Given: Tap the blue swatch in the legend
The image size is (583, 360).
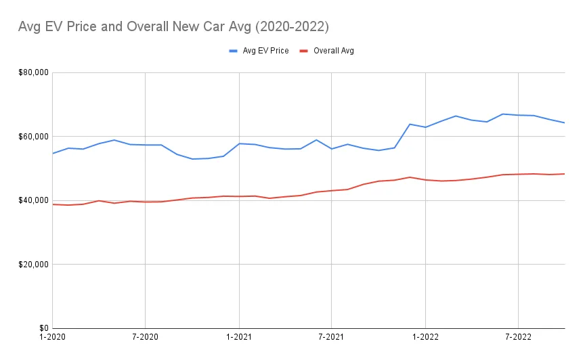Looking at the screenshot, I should [234, 51].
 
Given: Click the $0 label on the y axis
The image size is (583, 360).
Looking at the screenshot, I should [42, 328].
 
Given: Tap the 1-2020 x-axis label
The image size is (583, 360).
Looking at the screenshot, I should [52, 336].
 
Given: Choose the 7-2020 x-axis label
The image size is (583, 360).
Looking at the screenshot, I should [145, 336].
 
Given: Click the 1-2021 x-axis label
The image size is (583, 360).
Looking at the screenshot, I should [238, 336].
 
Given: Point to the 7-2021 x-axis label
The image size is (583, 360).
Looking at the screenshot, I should [331, 336].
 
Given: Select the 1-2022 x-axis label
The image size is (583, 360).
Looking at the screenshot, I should [425, 336].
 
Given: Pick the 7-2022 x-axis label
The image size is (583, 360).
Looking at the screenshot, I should [518, 336].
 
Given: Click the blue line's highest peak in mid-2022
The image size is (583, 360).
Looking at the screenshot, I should [502, 114].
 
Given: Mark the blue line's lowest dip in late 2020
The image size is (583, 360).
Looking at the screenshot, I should [192, 159].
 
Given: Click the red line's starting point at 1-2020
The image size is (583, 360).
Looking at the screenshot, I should [53, 204].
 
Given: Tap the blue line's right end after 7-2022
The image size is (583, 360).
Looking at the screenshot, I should [564, 122].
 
